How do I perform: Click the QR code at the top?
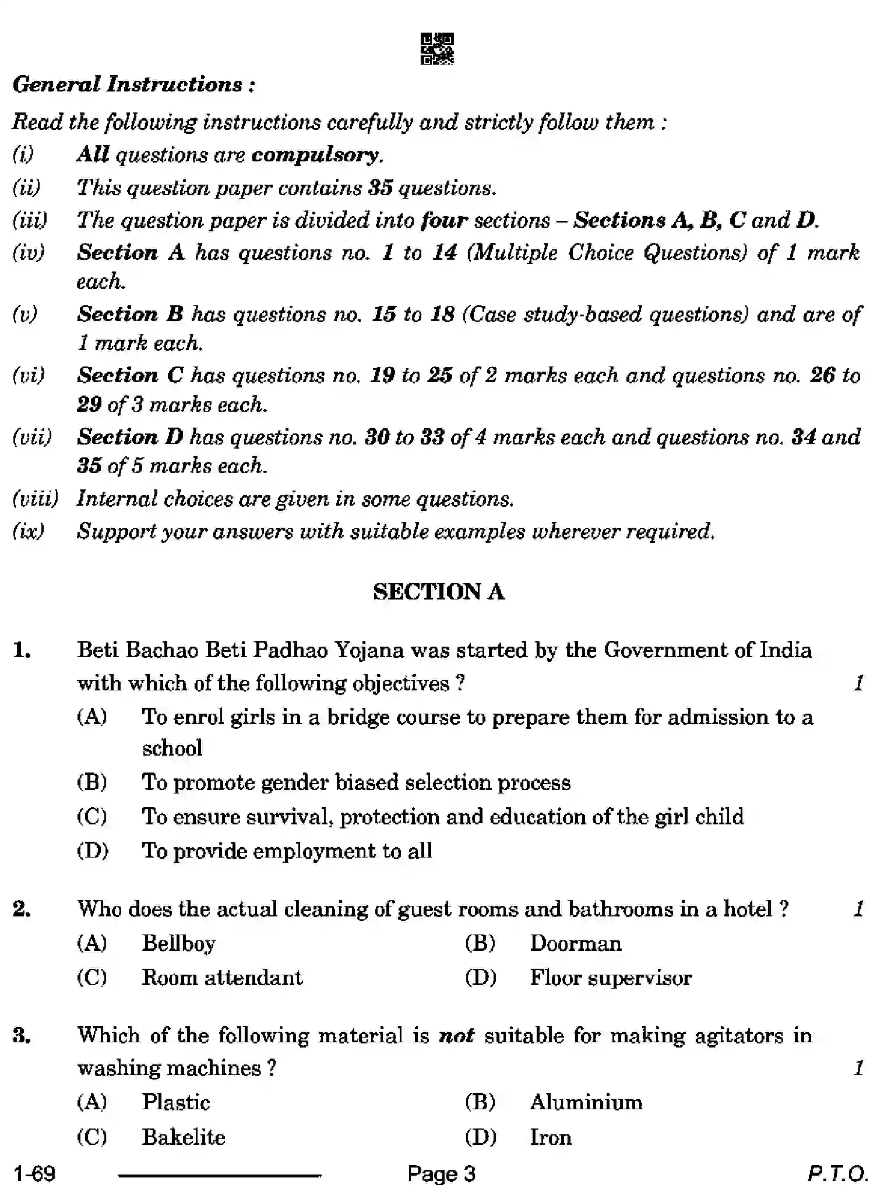[x=436, y=49]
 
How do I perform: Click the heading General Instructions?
[x=133, y=84]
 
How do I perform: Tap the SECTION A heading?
[x=438, y=592]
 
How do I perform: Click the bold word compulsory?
[x=315, y=155]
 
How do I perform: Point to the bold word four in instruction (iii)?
[x=444, y=220]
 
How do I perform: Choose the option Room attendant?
[x=222, y=978]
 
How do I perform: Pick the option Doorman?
[x=575, y=943]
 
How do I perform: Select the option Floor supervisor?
[x=610, y=978]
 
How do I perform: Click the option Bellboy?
[x=178, y=943]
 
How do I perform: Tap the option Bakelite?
[x=183, y=1137]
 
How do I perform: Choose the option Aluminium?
[x=586, y=1102]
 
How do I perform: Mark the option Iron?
[x=550, y=1137]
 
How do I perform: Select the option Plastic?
[x=175, y=1102]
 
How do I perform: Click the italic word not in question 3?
[x=456, y=1036]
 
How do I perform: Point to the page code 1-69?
[x=35, y=1172]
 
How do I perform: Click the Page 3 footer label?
[x=441, y=1172]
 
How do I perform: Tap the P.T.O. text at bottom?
[x=837, y=1172]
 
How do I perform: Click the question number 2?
[x=22, y=909]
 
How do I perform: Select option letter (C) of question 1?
[x=91, y=816]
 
